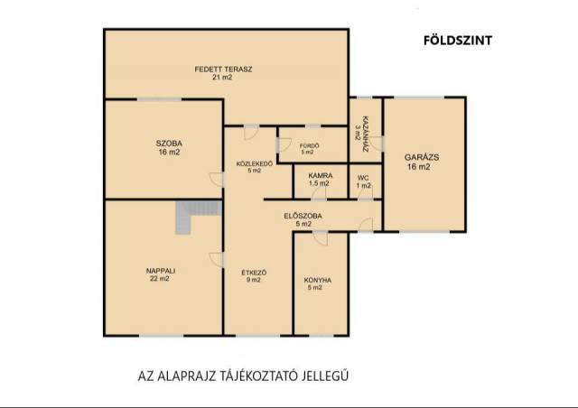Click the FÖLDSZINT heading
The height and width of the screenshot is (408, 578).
tap(458, 41)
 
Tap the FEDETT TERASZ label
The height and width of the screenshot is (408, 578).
tap(223, 69)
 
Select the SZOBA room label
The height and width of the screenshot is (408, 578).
tap(169, 144)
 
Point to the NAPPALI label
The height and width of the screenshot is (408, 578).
tap(161, 271)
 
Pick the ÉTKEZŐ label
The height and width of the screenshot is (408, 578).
tap(254, 273)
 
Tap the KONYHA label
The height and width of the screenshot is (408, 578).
tap(318, 280)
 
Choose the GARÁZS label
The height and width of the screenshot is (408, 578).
tap(422, 157)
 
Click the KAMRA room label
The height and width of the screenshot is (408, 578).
tap(321, 175)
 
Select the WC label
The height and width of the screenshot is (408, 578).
tap(363, 178)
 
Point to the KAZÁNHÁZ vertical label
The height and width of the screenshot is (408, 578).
tap(366, 134)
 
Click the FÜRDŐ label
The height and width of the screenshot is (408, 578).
tap(309, 145)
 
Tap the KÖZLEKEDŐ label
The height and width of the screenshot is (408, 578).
tap(255, 163)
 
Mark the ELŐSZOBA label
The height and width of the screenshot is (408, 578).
tap(303, 216)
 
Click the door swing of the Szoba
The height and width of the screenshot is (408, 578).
tap(217, 179)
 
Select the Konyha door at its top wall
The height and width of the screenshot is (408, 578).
tap(321, 238)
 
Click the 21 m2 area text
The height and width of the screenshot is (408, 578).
tap(222, 77)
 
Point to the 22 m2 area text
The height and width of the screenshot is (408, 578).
tap(160, 279)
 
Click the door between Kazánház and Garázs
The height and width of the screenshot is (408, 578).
tap(378, 144)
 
